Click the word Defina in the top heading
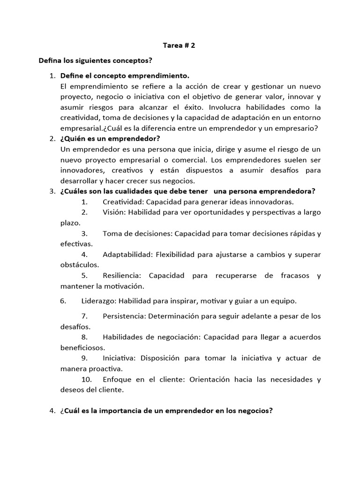(x=51, y=61)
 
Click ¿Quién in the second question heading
(x=73, y=138)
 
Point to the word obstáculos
(x=79, y=265)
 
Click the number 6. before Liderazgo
(x=64, y=300)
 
